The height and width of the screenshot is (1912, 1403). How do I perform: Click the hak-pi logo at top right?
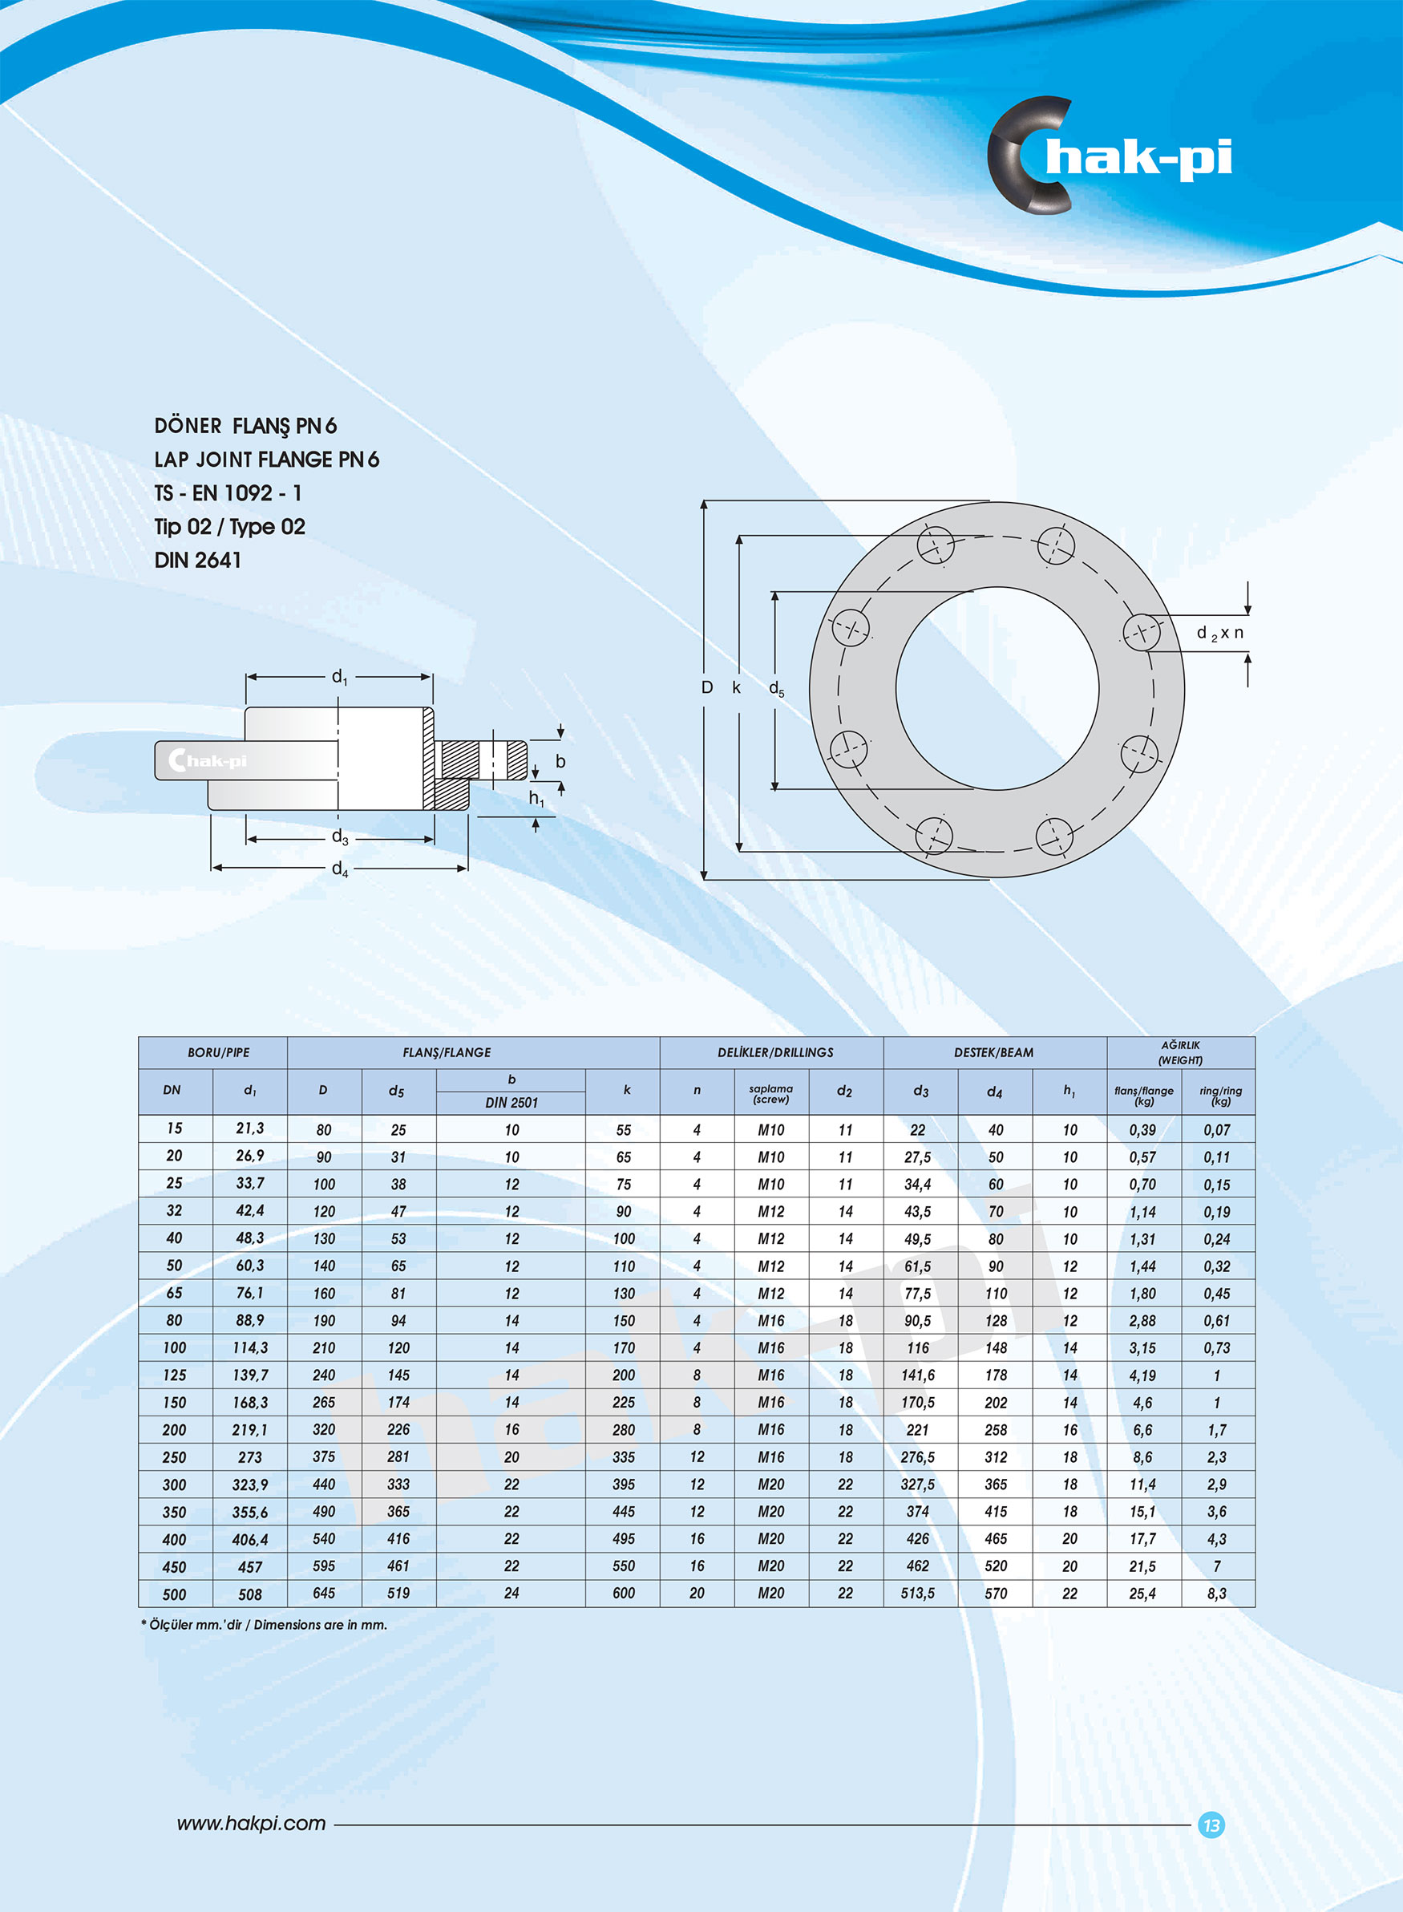pos(1108,157)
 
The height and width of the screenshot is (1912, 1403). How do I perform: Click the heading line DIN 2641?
pos(197,561)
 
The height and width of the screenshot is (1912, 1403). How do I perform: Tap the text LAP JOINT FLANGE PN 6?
pos(266,460)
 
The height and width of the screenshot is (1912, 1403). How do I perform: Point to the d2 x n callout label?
pos(1219,633)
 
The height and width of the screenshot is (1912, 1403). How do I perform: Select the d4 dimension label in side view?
pos(340,869)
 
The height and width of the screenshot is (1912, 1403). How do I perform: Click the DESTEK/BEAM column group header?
pos(993,1052)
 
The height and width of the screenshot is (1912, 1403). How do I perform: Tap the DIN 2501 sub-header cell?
pos(511,1103)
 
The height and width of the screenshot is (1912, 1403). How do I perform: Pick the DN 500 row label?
pos(174,1594)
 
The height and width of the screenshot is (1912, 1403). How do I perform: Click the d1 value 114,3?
pos(249,1348)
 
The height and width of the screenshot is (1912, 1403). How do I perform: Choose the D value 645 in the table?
pos(324,1594)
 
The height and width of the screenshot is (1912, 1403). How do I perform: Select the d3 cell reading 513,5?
pos(917,1594)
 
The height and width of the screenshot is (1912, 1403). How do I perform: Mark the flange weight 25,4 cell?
pos(1142,1594)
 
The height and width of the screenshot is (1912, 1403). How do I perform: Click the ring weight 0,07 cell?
pos(1216,1130)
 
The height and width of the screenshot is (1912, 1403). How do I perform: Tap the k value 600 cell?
pos(624,1594)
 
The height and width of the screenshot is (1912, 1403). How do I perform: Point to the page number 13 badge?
pos(1211,1825)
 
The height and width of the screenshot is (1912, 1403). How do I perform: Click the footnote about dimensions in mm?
pos(264,1625)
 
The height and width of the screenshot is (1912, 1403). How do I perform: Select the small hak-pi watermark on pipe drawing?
pos(208,760)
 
